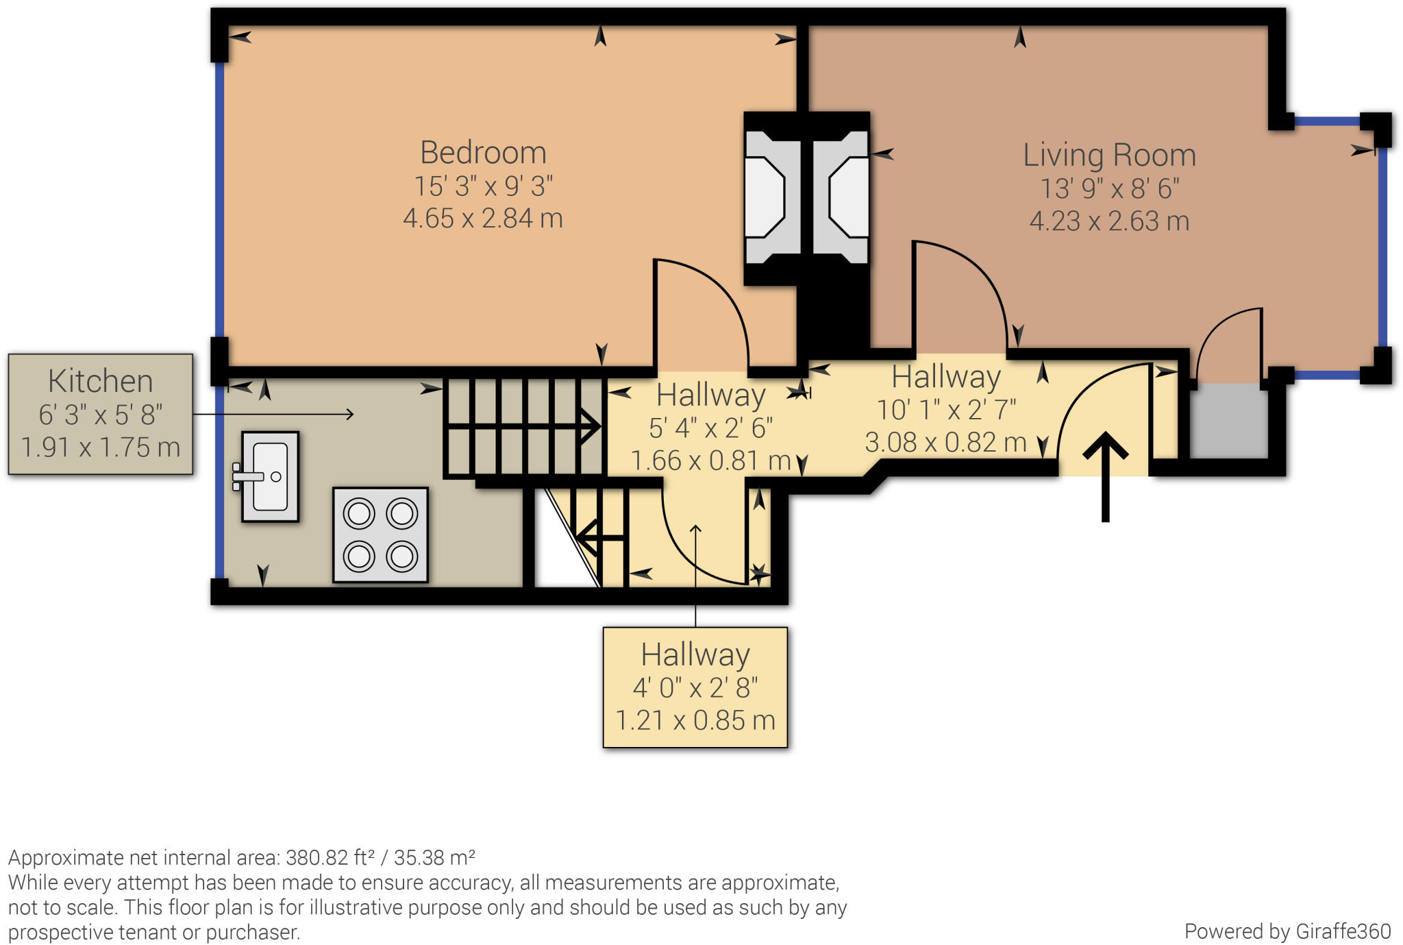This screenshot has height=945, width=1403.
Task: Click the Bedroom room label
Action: [483, 152]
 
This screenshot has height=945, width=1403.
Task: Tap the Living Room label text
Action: [1109, 155]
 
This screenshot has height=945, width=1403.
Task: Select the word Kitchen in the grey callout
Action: [100, 381]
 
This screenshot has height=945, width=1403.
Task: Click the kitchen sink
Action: [270, 476]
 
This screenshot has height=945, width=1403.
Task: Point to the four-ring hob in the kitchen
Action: [380, 535]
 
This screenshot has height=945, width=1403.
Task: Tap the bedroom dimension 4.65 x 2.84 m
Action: [483, 219]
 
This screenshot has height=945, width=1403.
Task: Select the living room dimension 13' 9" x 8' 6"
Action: [1109, 188]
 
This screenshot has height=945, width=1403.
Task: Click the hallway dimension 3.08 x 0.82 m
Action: [945, 443]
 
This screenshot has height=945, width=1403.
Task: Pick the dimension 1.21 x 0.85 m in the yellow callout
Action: [695, 720]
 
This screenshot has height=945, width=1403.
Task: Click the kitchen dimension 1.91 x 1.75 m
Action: [100, 447]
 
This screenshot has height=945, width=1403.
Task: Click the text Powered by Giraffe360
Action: [1287, 931]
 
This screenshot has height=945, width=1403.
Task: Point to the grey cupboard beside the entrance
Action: [1229, 420]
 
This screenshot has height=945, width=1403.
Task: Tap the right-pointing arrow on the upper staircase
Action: [588, 427]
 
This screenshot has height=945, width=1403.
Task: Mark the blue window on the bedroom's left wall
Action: [220, 199]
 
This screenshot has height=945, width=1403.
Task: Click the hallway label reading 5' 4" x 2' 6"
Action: [710, 428]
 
